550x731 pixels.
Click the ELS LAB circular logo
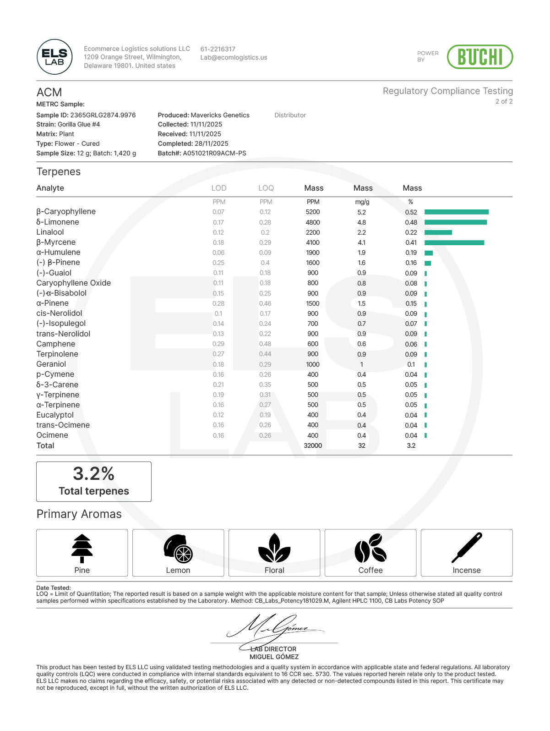(54, 57)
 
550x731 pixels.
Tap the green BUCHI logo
(479, 57)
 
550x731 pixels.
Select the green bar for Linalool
(438, 232)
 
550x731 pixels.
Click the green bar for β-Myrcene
(454, 242)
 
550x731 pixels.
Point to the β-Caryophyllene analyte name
(66, 212)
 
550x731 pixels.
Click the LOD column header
(219, 188)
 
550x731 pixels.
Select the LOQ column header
(266, 188)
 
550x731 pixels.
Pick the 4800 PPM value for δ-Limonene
(313, 222)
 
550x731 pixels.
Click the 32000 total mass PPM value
(313, 445)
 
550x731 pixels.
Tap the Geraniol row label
(51, 364)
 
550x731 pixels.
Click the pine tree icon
(82, 548)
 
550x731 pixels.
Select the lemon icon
(178, 549)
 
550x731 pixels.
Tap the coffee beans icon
(370, 548)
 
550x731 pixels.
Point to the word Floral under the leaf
(274, 570)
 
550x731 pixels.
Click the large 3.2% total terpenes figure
(93, 474)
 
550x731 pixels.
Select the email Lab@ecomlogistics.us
(234, 58)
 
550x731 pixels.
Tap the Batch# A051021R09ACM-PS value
(214, 153)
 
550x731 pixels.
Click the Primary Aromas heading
(79, 514)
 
